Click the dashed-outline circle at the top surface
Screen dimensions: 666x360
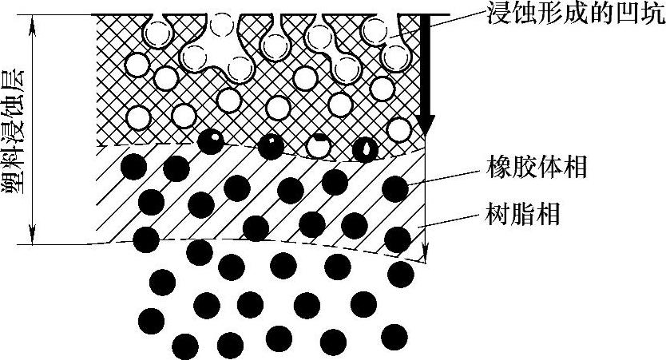click(x=223, y=25)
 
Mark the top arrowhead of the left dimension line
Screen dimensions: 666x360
click(x=32, y=22)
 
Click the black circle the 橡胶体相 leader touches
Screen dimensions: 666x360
click(x=395, y=189)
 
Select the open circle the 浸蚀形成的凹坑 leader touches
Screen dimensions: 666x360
click(x=373, y=30)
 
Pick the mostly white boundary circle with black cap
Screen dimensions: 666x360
click(x=319, y=145)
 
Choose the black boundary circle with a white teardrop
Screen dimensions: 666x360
click(x=365, y=148)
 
